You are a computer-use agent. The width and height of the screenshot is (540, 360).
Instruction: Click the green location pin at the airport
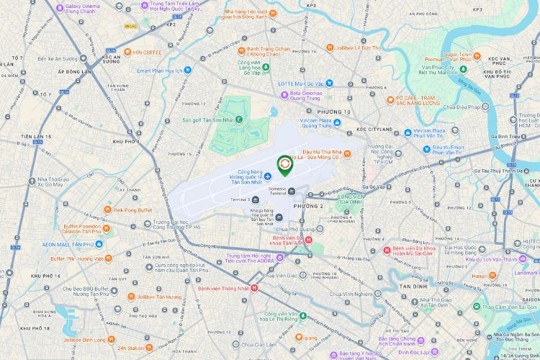point(285,166)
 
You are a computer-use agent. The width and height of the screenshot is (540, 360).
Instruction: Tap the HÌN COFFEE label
point(147,53)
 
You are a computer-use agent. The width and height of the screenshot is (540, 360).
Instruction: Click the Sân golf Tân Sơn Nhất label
point(208,119)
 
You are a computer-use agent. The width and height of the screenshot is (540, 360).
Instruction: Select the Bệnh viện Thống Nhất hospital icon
point(253,289)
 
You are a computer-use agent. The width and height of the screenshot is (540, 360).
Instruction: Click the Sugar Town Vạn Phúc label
point(457,57)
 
